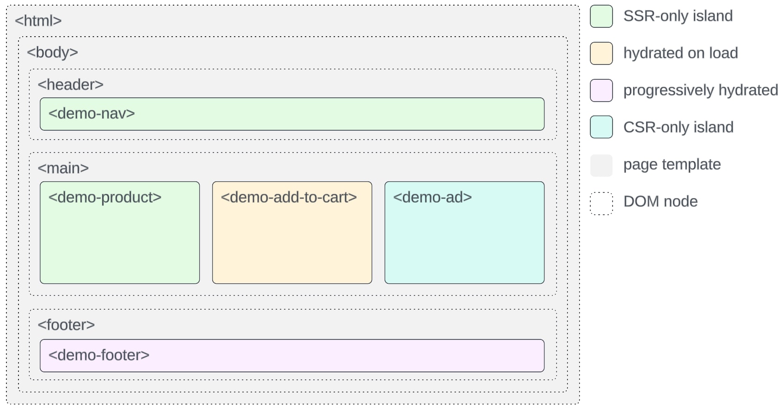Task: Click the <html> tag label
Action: [x=38, y=21]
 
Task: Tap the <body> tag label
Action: [x=52, y=52]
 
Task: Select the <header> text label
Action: [x=70, y=85]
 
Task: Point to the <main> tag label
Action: [x=63, y=168]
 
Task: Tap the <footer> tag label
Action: [x=66, y=325]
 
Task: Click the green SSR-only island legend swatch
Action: [x=601, y=17]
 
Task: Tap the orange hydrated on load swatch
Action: [x=601, y=53]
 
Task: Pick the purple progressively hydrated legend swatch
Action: [x=601, y=90]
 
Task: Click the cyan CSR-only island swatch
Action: [x=601, y=127]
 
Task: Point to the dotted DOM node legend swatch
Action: [x=601, y=204]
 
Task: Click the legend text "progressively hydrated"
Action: [x=700, y=90]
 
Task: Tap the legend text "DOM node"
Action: [x=660, y=202]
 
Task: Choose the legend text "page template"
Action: [x=672, y=165]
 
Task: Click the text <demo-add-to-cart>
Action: [x=289, y=198]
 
